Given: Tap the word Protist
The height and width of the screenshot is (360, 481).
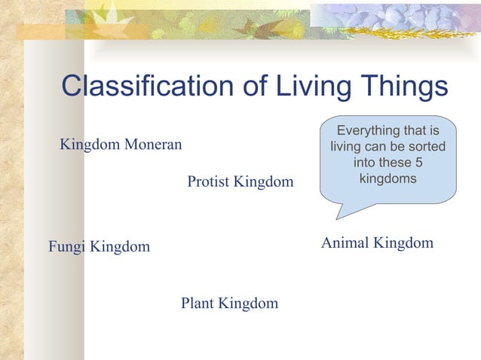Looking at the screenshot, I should click(x=208, y=182).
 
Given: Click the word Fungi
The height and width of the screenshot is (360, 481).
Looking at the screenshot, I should click(x=66, y=247).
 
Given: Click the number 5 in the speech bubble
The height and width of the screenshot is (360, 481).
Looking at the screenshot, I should click(x=427, y=163).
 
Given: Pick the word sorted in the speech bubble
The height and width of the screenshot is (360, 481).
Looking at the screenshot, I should click(x=427, y=148).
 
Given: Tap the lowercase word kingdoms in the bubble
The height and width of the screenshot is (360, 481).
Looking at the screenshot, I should click(x=388, y=179).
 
